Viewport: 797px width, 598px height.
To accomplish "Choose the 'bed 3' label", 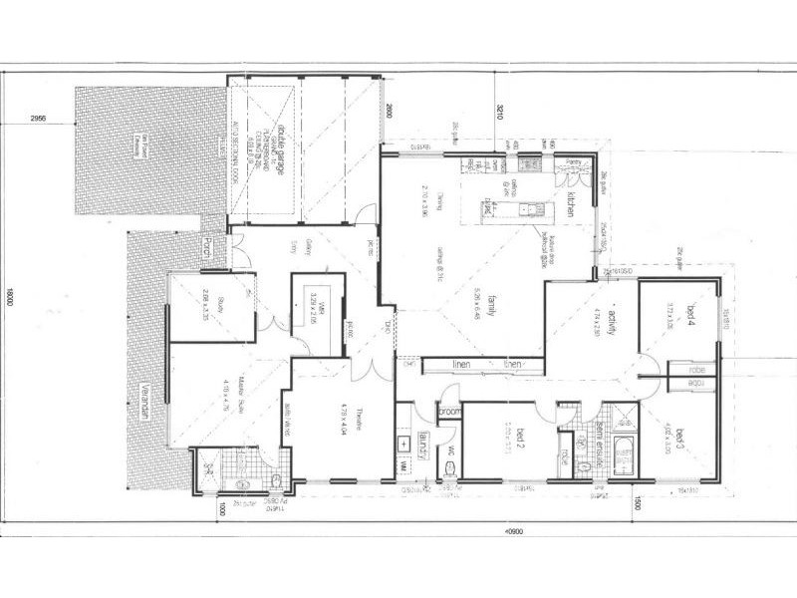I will click(682, 439).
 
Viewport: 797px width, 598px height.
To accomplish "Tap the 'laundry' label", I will click(423, 441).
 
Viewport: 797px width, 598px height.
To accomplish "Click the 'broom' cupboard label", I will click(449, 411).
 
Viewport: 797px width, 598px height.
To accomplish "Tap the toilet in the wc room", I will click(450, 477).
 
